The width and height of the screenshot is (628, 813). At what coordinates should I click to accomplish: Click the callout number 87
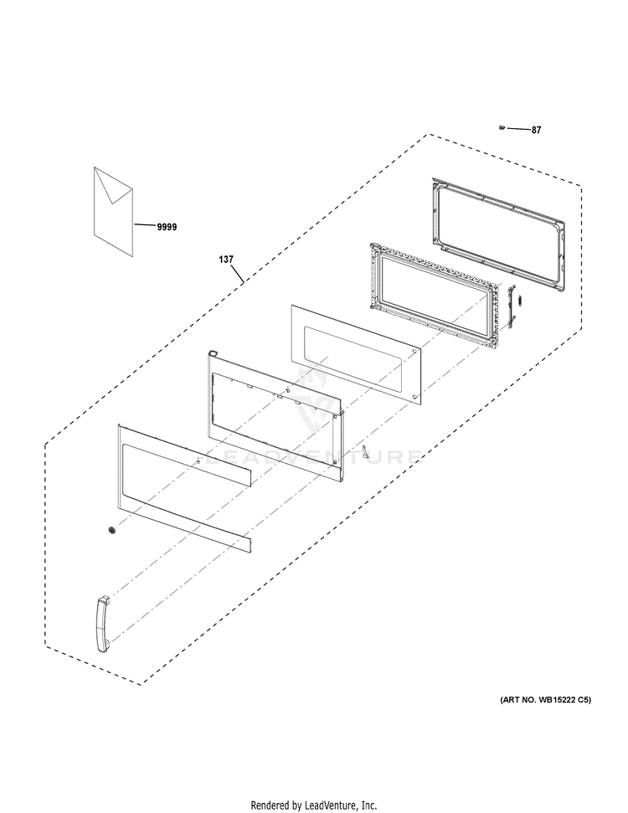[x=536, y=130]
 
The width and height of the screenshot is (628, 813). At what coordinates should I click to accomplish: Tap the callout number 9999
[x=167, y=227]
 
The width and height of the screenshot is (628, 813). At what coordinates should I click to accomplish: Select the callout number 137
[x=226, y=260]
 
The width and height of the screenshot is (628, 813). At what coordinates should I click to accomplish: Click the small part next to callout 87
[x=502, y=127]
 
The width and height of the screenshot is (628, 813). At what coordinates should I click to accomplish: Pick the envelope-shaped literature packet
[x=113, y=212]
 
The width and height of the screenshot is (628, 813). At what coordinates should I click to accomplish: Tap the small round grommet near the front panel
[x=111, y=530]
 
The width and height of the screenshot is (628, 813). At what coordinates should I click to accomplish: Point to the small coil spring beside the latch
[x=522, y=301]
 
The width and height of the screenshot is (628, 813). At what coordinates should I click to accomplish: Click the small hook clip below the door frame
[x=366, y=451]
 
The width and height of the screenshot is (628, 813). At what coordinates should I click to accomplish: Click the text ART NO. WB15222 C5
[x=545, y=700]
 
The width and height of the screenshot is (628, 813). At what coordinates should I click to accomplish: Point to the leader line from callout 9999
[x=145, y=225]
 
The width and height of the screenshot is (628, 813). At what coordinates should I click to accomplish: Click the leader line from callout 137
[x=237, y=274]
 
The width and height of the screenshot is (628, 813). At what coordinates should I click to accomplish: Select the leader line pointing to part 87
[x=518, y=129]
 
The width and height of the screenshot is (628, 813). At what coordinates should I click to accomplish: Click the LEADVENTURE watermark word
[x=313, y=457]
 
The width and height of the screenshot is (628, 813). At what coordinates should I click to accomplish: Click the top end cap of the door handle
[x=104, y=599]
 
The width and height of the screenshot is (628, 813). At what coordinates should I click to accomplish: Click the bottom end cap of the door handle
[x=103, y=647]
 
